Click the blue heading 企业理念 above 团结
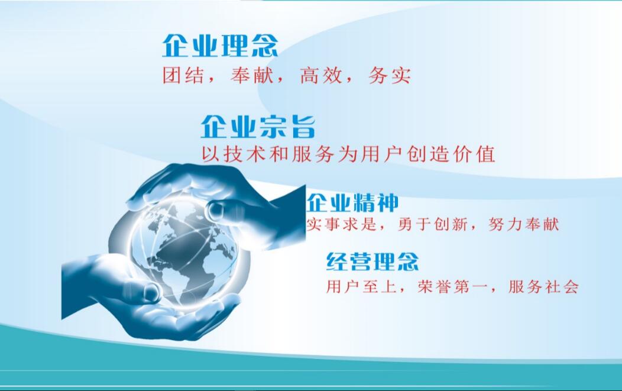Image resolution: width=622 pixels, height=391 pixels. pyautogui.click(x=220, y=46)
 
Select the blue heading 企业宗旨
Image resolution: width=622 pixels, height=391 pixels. pyautogui.click(x=258, y=127)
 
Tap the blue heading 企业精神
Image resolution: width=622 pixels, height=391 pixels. pyautogui.click(x=352, y=203)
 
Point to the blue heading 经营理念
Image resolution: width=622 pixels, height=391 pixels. pyautogui.click(x=372, y=261)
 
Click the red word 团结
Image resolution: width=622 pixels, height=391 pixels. pyautogui.click(x=183, y=75)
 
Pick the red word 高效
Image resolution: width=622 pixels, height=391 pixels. pyautogui.click(x=321, y=75)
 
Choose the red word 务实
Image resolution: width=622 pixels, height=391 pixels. pyautogui.click(x=389, y=75)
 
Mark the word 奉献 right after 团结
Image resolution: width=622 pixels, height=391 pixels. pyautogui.click(x=252, y=75)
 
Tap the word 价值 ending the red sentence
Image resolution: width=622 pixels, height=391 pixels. pyautogui.click(x=474, y=154)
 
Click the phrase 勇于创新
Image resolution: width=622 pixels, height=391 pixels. pyautogui.click(x=432, y=224)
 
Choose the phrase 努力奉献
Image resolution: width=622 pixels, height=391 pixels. pyautogui.click(x=524, y=224)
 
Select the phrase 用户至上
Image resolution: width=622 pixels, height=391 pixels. pyautogui.click(x=361, y=286)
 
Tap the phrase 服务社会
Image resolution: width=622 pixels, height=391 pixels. pyautogui.click(x=543, y=286)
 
